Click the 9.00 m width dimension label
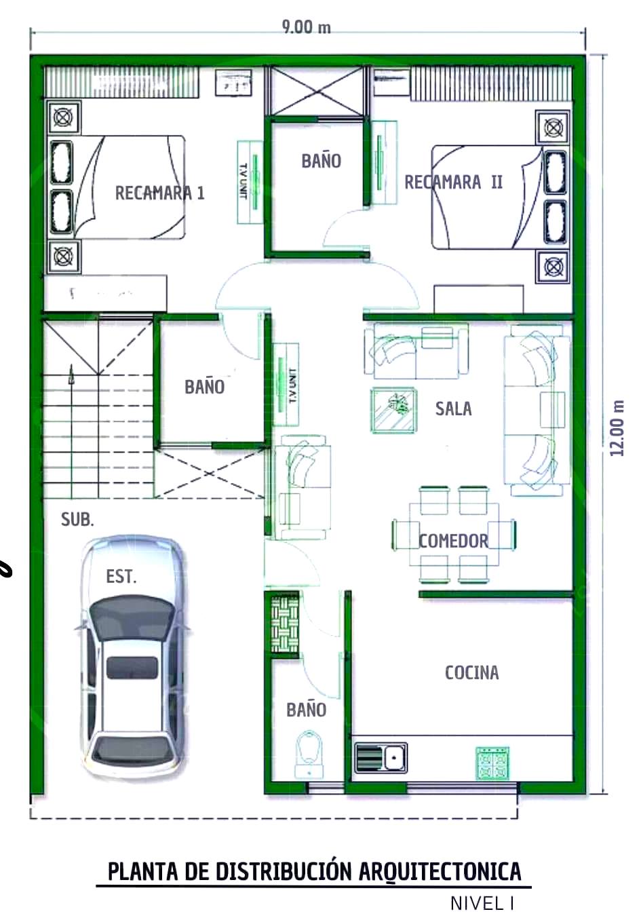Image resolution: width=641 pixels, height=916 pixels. coord(306,27)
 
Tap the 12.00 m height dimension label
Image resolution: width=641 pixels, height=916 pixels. coord(617,428)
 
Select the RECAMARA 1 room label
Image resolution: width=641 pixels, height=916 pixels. coord(160,193)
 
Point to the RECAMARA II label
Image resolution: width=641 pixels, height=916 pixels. coord(453,183)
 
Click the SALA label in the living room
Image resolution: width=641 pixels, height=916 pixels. coord(453,408)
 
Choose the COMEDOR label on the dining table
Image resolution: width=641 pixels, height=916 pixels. coord(454,541)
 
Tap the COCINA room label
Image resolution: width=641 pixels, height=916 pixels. coord(471,672)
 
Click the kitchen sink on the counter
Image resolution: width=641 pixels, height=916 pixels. coord(381,758)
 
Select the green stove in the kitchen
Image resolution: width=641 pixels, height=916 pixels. coord(492,763)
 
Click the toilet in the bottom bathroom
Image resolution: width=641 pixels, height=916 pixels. coord(309,754)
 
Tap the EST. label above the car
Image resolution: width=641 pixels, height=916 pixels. coord(121,577)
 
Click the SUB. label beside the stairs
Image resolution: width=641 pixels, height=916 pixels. coord(77,520)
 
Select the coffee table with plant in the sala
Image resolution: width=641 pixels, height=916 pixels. coord(394,410)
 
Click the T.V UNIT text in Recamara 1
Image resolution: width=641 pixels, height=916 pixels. coord(244,181)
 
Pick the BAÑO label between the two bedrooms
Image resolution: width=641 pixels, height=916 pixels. coord(322,161)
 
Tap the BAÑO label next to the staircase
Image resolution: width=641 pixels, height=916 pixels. coord(204,387)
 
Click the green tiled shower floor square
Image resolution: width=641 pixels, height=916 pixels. coord(285,624)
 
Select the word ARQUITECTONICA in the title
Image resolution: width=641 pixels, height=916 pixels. coord(440,871)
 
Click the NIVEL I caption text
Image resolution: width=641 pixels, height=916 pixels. coord(482,903)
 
